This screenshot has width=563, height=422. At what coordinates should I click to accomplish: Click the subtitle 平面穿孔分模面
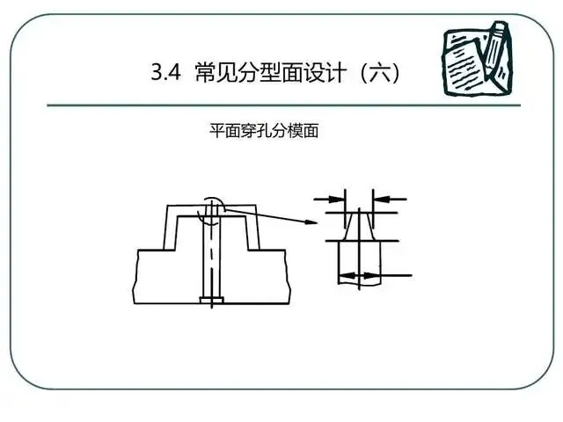pos(263,132)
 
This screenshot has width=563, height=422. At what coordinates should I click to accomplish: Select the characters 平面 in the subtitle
pos(224,132)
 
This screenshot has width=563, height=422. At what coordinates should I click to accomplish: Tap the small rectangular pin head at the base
pos(211,302)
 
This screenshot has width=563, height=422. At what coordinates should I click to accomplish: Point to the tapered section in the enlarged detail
pos(360,225)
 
